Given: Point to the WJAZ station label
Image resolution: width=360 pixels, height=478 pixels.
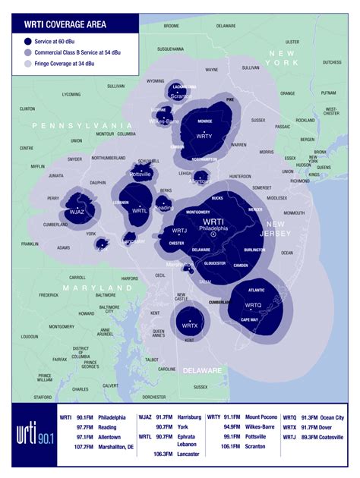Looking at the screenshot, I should coord(77,212).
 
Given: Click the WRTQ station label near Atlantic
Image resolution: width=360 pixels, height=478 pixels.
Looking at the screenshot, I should coord(253,304).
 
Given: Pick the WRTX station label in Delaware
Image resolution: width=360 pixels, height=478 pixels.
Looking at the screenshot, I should coord(189,325).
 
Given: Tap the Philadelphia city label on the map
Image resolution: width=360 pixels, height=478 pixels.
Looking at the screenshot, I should coord(213,228).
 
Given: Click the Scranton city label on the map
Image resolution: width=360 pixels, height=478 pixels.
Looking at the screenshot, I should coord(181,96).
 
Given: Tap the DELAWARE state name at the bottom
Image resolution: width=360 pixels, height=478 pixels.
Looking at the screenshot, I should coord(201,370).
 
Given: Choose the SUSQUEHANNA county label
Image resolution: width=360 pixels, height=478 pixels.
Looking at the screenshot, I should coord(171,49).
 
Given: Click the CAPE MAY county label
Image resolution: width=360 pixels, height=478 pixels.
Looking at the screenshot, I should coord(249,320).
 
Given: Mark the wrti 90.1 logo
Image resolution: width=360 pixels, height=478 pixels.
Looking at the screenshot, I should coord(33,439).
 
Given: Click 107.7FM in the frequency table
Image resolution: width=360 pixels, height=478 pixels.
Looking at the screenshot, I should coord(84,448).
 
